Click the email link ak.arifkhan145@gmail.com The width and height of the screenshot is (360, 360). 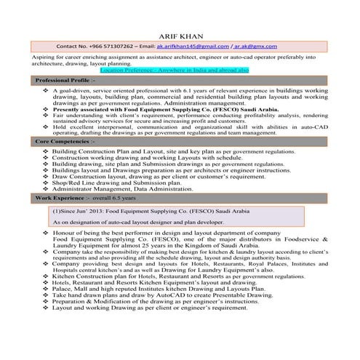pyautogui.click(x=197, y=45)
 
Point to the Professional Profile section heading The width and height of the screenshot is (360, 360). pyautogui.click(x=63, y=80)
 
